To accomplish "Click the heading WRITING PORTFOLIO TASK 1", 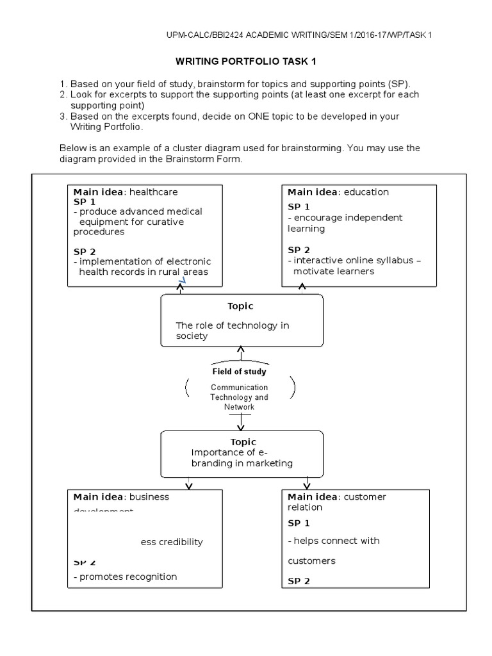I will [x=246, y=61].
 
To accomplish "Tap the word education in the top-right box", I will [x=366, y=192].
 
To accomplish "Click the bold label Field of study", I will [x=240, y=372].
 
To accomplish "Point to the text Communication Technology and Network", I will [x=240, y=397].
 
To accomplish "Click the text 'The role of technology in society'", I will [x=232, y=331].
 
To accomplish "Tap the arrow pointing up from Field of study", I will [x=241, y=351].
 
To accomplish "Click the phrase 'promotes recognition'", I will [x=127, y=576].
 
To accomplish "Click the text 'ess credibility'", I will [x=172, y=542].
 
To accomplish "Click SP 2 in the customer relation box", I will [x=299, y=581].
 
